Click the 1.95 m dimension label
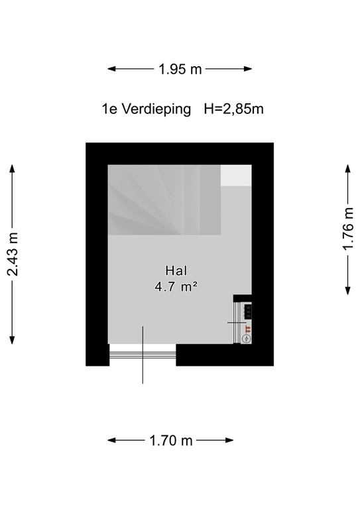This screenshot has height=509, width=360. [180, 69]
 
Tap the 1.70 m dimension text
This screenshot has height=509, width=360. [170, 440]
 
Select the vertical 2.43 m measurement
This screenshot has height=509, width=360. [13, 254]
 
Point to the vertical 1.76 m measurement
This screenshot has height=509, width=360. [348, 229]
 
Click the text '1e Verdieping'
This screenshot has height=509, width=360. [146, 109]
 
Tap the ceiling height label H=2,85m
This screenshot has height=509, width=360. [233, 109]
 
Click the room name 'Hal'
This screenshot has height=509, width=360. [176, 270]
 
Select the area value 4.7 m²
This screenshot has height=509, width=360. [176, 287]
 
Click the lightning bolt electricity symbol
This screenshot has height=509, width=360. [247, 339]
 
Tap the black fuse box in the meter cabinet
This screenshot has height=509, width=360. [247, 310]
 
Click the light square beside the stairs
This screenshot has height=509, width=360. [236, 176]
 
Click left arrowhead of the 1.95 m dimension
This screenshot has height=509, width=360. [111, 69]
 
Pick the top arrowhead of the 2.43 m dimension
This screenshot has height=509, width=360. [13, 168]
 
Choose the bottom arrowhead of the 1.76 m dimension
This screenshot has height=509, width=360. [348, 292]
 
